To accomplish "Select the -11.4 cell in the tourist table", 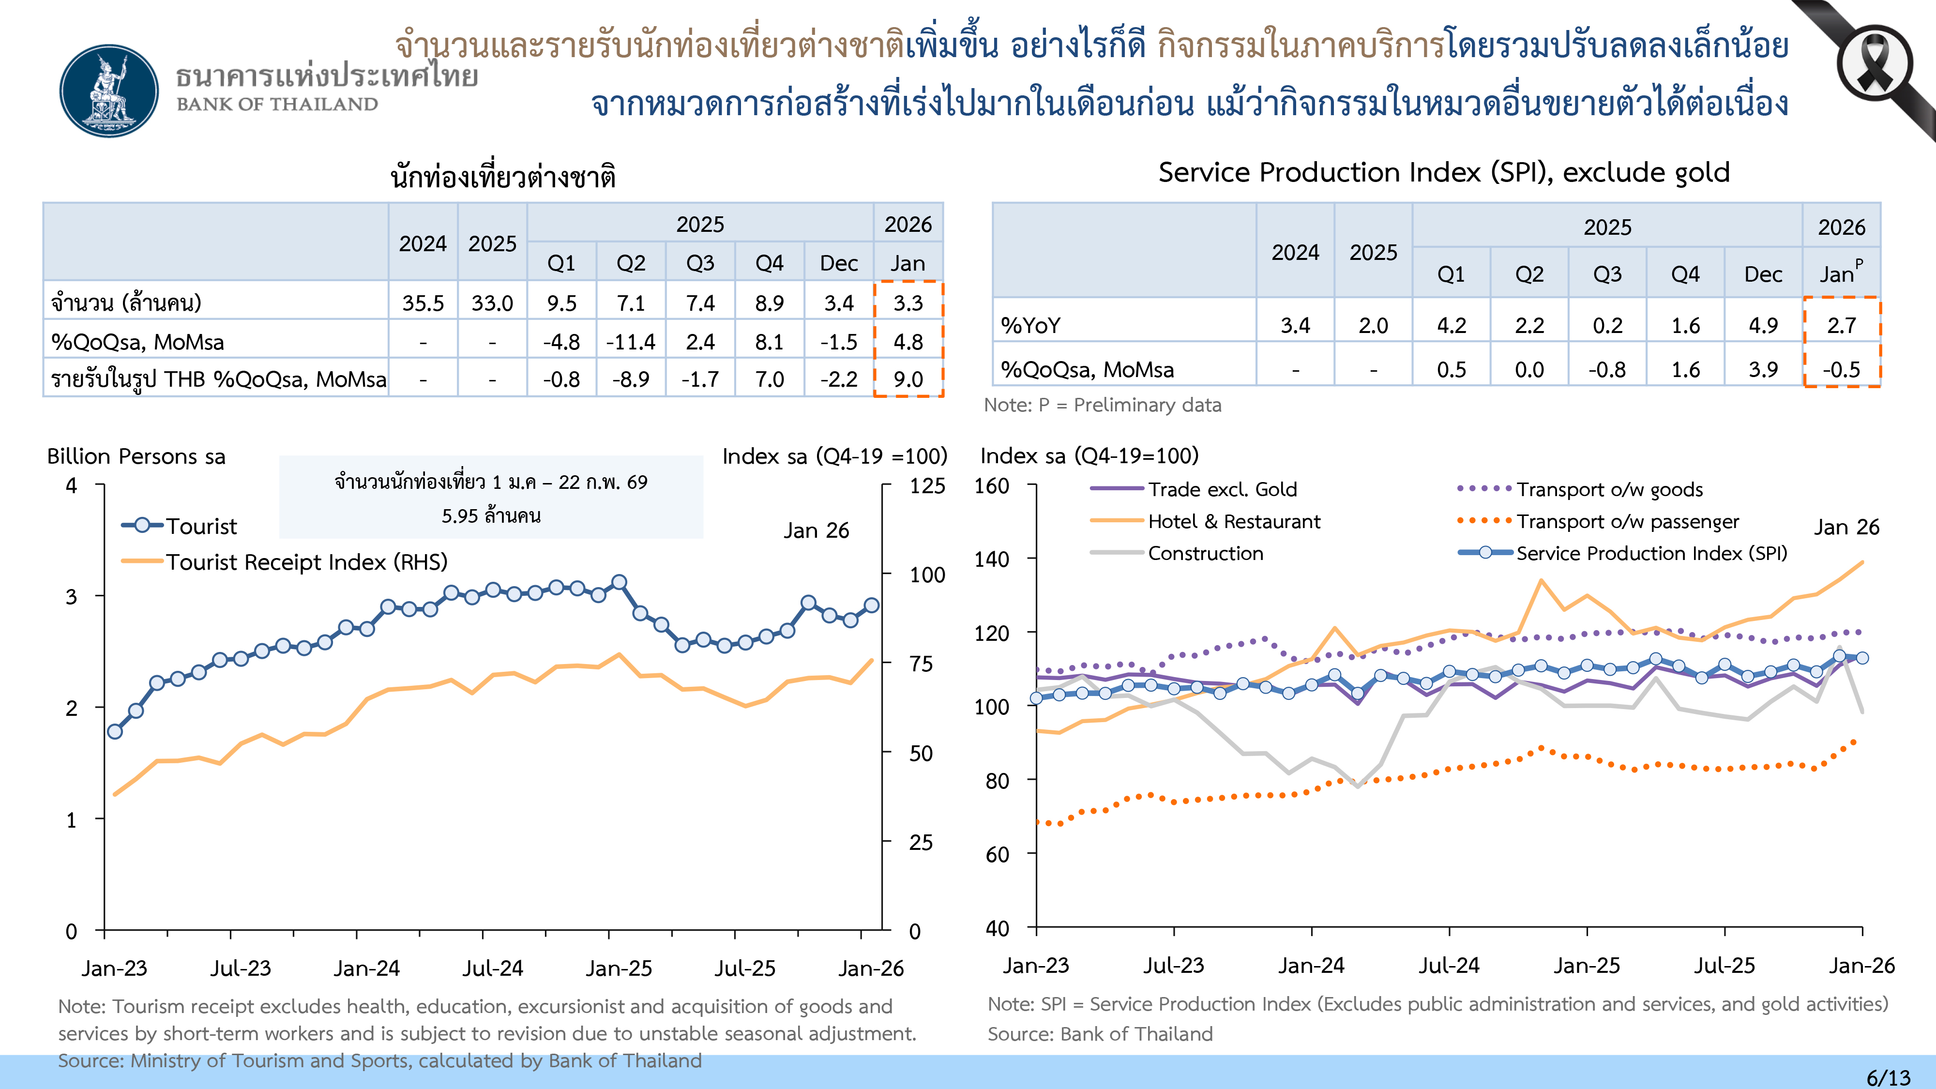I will tap(631, 342).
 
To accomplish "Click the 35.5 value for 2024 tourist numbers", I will tap(423, 303).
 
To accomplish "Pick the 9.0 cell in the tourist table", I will tap(908, 379).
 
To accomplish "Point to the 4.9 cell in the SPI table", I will tap(1763, 325).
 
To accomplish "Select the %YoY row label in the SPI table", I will tap(1031, 325).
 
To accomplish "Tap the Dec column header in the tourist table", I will tap(839, 263).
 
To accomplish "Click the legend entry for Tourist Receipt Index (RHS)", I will tap(306, 562).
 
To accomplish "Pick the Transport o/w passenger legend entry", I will tap(1627, 522).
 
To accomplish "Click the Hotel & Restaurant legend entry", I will tap(1233, 522).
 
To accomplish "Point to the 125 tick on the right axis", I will tap(927, 486).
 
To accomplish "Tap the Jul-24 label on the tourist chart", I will tap(492, 968).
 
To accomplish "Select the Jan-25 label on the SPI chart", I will tap(1587, 965).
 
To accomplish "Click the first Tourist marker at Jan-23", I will tap(115, 731).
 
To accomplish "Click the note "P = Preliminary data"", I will tap(1103, 405).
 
